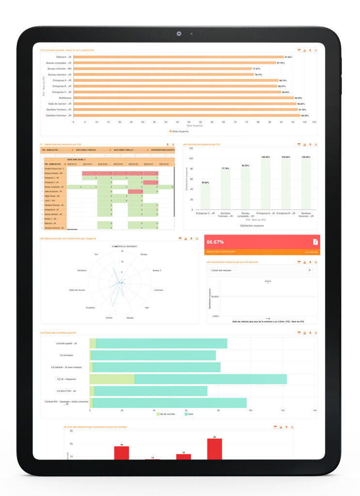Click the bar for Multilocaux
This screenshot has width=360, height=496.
pyautogui.click(x=184, y=98)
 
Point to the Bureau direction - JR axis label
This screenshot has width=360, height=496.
pyautogui.click(x=60, y=75)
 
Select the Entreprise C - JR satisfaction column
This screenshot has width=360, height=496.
pyautogui.click(x=205, y=197)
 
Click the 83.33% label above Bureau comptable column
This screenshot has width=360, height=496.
pyautogui.click(x=246, y=166)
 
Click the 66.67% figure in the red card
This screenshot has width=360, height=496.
pyautogui.click(x=215, y=242)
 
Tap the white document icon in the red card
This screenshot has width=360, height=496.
pyautogui.click(x=315, y=242)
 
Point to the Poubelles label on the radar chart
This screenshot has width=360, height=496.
pyautogui.click(x=90, y=308)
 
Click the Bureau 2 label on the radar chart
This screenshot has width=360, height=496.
pyautogui.click(x=157, y=270)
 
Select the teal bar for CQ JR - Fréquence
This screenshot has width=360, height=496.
pyautogui.click(x=210, y=379)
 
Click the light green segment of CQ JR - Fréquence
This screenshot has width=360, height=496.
pyautogui.click(x=112, y=379)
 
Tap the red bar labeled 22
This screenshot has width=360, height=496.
pyautogui.click(x=214, y=449)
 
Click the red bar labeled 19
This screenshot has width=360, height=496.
pyautogui.click(x=122, y=453)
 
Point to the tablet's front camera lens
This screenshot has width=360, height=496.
pyautogui.click(x=179, y=34)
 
